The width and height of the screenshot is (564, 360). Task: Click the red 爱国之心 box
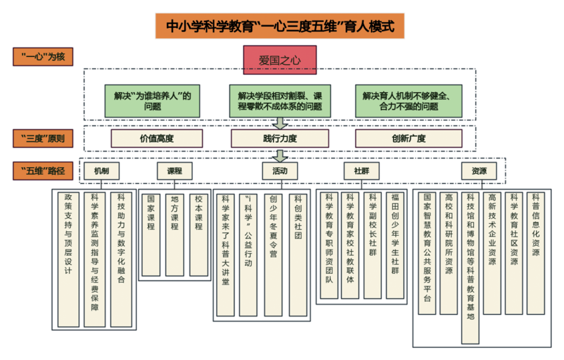coord(280,59)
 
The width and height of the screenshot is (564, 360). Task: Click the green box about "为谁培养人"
coord(152,100)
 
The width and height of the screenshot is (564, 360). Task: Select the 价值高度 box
coord(156,138)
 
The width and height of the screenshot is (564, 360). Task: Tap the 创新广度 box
coord(408,138)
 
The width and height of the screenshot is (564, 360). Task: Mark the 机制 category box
coord(101,171)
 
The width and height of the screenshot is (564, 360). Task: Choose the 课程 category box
coord(174,171)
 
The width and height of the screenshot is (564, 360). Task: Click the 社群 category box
coord(361,171)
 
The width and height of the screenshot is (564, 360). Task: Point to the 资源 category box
coord(479,171)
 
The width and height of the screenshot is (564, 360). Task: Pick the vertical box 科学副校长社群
coord(372,244)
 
